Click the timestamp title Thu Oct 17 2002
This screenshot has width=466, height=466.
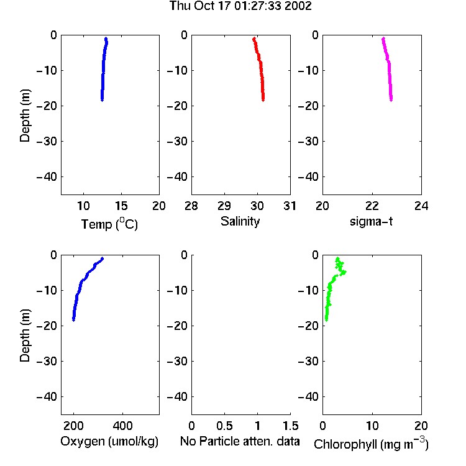(x=240, y=6)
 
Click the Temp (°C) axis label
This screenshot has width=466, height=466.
(x=109, y=224)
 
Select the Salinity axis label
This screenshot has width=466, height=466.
(x=240, y=221)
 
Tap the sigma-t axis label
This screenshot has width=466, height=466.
(x=371, y=221)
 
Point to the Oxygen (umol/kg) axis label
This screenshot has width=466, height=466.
(x=109, y=441)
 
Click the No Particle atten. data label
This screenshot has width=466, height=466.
(x=240, y=441)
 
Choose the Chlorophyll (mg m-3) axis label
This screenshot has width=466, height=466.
(x=371, y=444)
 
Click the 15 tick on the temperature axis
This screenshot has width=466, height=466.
(x=121, y=206)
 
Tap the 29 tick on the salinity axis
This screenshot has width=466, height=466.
(x=224, y=206)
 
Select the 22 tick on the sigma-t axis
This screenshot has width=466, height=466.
(x=372, y=206)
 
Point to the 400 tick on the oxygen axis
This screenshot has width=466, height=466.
(x=123, y=426)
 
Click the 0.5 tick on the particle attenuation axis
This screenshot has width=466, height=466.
(x=224, y=426)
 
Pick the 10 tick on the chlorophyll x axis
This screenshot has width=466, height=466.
(x=372, y=426)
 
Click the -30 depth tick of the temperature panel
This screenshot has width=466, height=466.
(x=47, y=142)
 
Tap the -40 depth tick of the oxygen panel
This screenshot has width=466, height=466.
(x=47, y=396)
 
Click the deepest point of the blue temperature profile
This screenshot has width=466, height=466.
(x=102, y=100)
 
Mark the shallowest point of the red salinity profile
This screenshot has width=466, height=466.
(x=254, y=39)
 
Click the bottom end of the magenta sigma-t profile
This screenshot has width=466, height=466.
(x=391, y=100)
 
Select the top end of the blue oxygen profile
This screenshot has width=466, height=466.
(x=103, y=258)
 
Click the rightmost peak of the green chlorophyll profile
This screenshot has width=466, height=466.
(x=344, y=272)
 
